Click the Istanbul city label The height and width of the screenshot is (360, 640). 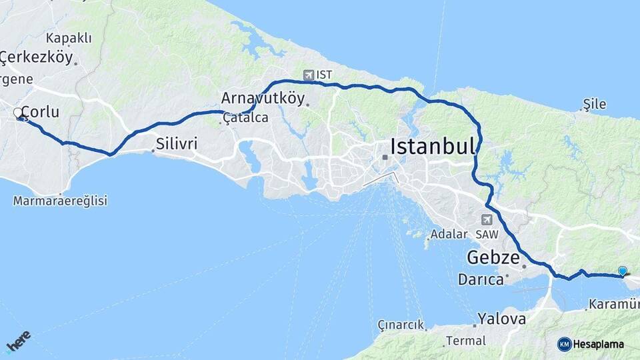(433, 146)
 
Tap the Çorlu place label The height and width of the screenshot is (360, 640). (40, 112)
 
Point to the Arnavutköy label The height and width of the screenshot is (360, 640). (263, 99)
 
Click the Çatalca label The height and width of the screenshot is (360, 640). (245, 118)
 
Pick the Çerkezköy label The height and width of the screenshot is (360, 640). (36, 57)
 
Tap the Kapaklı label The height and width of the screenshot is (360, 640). (69, 38)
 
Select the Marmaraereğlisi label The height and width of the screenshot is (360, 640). (60, 201)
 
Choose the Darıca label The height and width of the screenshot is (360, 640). (480, 279)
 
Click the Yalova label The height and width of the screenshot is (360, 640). (501, 319)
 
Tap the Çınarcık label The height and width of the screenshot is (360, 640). (401, 325)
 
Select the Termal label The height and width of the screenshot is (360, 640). (466, 341)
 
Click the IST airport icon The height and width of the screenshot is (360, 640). (307, 75)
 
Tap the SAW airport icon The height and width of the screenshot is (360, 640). (487, 220)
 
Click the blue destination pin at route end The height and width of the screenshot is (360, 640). (623, 271)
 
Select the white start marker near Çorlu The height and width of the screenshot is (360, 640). (18, 113)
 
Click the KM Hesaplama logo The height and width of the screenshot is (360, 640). (591, 344)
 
